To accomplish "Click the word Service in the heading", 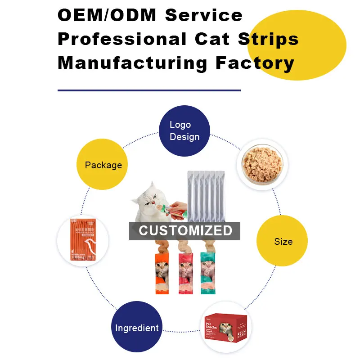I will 204,15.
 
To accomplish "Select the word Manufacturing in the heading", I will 132,63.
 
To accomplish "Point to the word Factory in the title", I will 255,63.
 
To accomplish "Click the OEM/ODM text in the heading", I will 106,15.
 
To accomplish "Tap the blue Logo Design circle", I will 184,131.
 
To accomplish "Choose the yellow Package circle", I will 103,165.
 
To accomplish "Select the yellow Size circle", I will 282,241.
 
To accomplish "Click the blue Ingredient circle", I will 137,327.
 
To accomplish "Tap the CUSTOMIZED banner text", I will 185,231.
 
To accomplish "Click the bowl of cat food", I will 262,163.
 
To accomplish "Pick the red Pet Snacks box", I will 225,327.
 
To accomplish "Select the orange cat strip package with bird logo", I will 84,240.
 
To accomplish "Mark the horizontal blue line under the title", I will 149,90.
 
